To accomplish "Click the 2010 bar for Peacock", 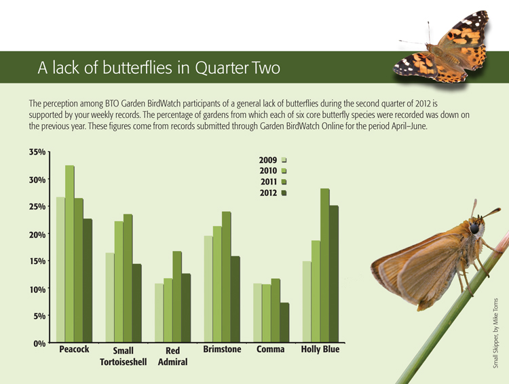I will coord(70,254).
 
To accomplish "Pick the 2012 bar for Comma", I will coord(284,322).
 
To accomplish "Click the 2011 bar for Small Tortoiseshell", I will coord(128,278).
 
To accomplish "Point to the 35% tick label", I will coord(36,153).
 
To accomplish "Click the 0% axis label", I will coord(39,344).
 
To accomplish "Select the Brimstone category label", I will coord(222,350).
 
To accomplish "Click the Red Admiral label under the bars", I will coord(172,357).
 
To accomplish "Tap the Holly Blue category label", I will coord(320,350).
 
